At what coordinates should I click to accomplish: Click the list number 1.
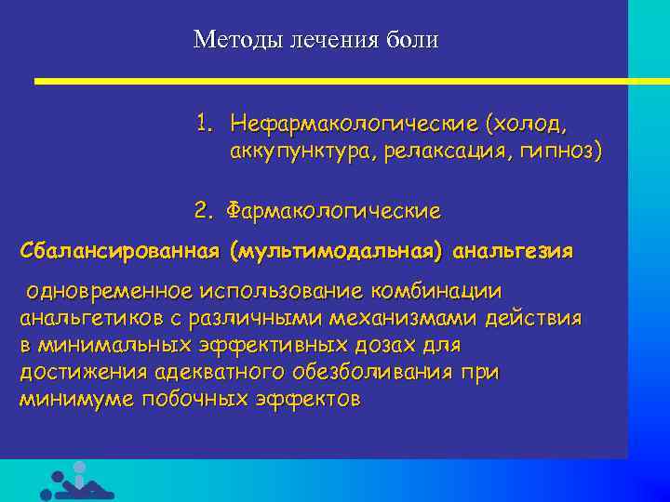click(x=203, y=123)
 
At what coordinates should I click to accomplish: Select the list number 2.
click(x=203, y=211)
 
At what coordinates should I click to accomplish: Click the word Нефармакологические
click(x=353, y=123)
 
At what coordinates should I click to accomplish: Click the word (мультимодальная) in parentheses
click(x=340, y=251)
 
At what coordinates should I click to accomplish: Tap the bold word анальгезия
click(x=514, y=251)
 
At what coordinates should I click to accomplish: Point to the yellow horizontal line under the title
click(x=344, y=82)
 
